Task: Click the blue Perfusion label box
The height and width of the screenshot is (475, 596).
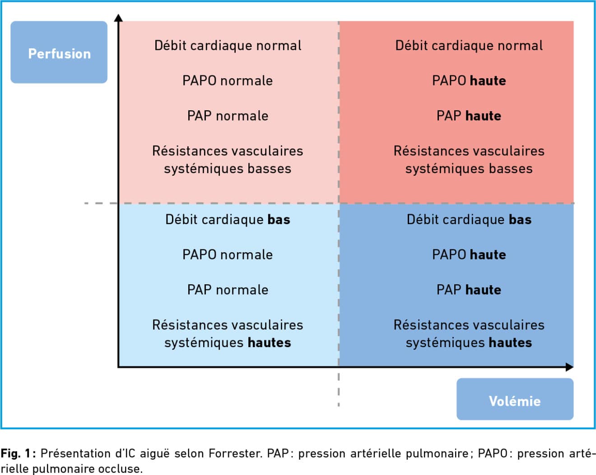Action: click(x=59, y=52)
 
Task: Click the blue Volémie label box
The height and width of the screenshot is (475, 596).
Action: click(x=515, y=399)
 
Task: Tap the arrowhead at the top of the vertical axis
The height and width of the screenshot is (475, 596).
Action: click(x=119, y=18)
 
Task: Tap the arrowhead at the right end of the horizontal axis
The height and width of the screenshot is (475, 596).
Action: click(x=569, y=367)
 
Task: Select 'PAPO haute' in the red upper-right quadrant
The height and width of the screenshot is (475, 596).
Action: click(x=469, y=81)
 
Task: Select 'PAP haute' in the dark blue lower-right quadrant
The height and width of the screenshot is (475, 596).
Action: click(x=469, y=290)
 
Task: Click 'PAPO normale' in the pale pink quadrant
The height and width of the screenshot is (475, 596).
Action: click(x=228, y=81)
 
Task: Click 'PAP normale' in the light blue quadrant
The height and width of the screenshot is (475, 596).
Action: click(x=228, y=290)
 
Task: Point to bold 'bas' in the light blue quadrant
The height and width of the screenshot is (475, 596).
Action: click(x=279, y=219)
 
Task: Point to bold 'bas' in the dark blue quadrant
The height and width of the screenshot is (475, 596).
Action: click(x=521, y=219)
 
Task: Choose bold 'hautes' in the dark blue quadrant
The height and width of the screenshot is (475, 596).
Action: click(x=510, y=343)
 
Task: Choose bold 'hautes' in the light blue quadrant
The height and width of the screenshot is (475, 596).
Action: click(x=269, y=343)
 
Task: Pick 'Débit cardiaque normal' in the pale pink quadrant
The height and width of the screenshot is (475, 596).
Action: click(x=228, y=46)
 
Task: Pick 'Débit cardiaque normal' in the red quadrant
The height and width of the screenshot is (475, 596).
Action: click(x=469, y=46)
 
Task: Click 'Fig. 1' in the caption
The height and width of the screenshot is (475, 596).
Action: click(x=16, y=453)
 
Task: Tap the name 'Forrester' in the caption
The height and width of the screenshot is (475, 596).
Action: click(x=235, y=453)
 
